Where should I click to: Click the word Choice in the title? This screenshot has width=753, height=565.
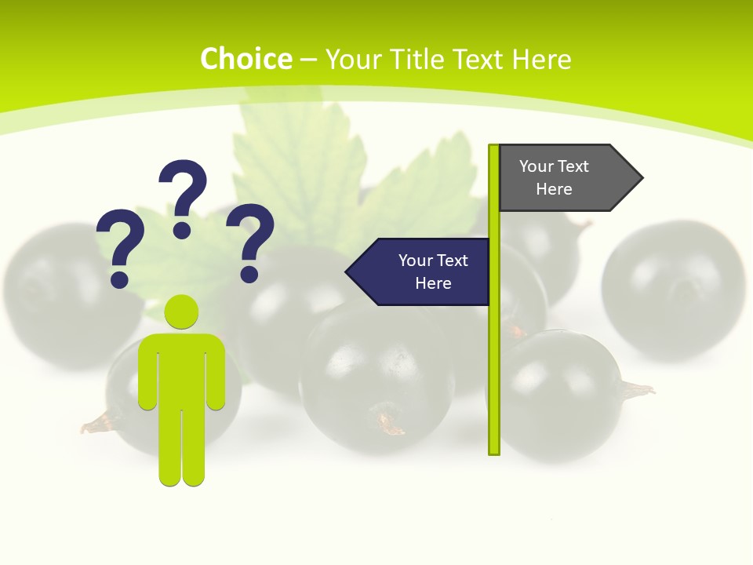[246, 59]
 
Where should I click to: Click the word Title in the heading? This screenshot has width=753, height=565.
[415, 59]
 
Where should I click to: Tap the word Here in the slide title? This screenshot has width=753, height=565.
[541, 59]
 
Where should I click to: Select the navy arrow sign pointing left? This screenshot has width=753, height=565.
[424, 272]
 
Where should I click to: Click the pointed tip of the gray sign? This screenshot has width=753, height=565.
[641, 178]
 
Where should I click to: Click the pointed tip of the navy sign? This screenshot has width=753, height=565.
[347, 272]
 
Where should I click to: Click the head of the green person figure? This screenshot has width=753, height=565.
[181, 312]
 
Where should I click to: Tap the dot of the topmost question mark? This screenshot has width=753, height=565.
[182, 230]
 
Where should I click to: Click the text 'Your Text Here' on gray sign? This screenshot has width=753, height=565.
[554, 177]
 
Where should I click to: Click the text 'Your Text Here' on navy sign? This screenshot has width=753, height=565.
[433, 272]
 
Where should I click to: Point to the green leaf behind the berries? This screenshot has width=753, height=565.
[298, 165]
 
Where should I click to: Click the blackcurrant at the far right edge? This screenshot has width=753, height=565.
[675, 290]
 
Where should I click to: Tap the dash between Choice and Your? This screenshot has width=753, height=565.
[308, 60]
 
